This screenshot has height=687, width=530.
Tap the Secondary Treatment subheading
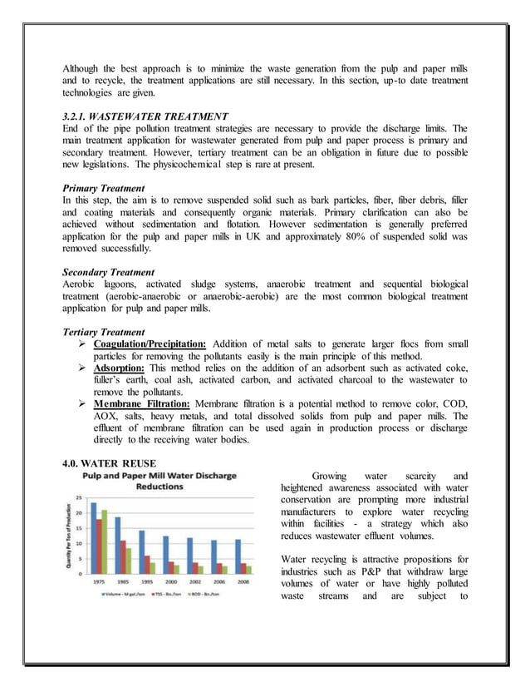tap(108, 272)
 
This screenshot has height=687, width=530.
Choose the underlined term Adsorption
tap(120, 367)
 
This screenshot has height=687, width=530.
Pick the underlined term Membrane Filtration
tap(142, 403)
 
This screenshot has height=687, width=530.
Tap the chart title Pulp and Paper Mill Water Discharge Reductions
tap(159, 482)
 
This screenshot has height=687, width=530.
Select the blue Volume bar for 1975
tap(94, 537)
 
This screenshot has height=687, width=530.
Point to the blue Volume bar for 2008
tap(238, 556)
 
